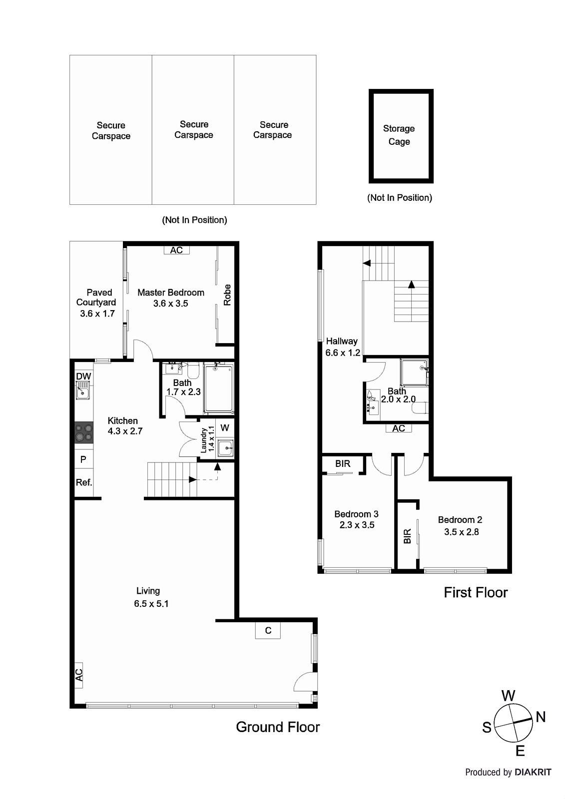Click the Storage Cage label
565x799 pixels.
pos(399,135)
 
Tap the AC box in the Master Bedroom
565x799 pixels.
pos(176,250)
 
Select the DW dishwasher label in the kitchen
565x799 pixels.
pos(83,376)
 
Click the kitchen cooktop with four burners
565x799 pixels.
pos(83,432)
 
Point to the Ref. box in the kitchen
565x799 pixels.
pos(83,482)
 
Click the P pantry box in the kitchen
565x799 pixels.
pos(83,459)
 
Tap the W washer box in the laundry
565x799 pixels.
pos(225,428)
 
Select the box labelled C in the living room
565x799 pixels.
pos(268,630)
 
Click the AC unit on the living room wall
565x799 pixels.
pos(78,675)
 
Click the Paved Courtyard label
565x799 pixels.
pos(96,303)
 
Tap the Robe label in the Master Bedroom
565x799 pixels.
pos(227,295)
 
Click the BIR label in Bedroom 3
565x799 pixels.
pos(343,464)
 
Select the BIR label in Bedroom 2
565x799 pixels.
pos(407,536)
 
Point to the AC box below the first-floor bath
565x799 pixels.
pos(399,428)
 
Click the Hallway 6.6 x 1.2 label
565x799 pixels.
pos(342,347)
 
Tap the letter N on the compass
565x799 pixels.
pos(541,717)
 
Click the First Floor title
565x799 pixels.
pos(476,593)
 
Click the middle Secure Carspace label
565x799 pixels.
pos(194,130)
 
